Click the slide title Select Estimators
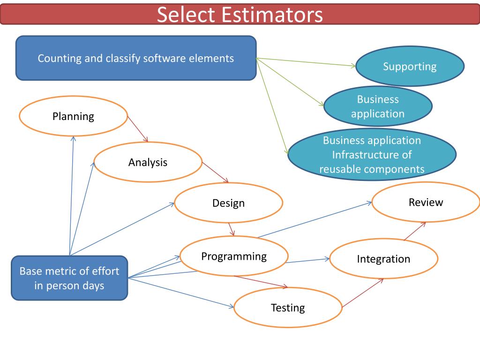240,15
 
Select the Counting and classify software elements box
136,58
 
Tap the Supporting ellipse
410,66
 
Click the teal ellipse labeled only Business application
378,106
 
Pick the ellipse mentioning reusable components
372,155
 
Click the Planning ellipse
73,116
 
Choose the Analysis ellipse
148,162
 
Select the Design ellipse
228,202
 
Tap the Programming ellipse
233,256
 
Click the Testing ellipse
287,307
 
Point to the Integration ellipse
383,259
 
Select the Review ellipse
426,202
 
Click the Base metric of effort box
69,278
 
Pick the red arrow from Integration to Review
415,231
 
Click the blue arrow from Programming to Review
314,220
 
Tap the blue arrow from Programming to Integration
307,260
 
